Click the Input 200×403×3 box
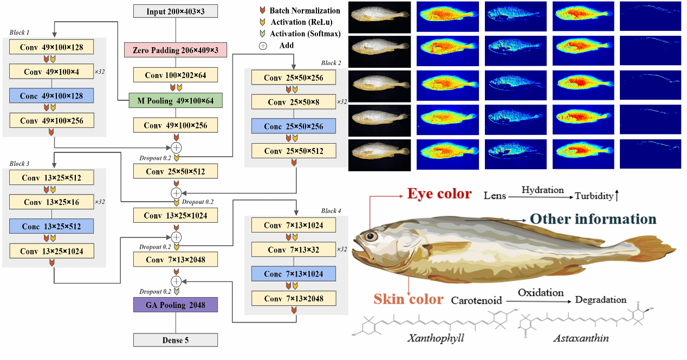[x=176, y=11]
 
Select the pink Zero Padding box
[x=176, y=50]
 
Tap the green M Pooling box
[x=176, y=100]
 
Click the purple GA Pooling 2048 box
[x=176, y=305]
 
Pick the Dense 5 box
[x=176, y=340]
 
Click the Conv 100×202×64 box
[x=176, y=75]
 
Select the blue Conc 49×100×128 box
[x=51, y=96]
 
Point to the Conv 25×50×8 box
[x=294, y=102]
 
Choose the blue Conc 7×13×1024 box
[x=294, y=274]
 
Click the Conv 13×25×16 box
[x=51, y=202]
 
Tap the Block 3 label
[x=20, y=163]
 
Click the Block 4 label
[x=332, y=211]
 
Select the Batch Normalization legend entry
[x=304, y=11]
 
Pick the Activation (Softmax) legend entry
[x=305, y=34]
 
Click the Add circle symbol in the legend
[x=263, y=46]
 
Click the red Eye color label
[x=439, y=194]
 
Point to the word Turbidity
[x=594, y=196]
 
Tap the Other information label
[x=593, y=219]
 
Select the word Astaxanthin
[x=581, y=338]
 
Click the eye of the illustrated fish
[x=371, y=236]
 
